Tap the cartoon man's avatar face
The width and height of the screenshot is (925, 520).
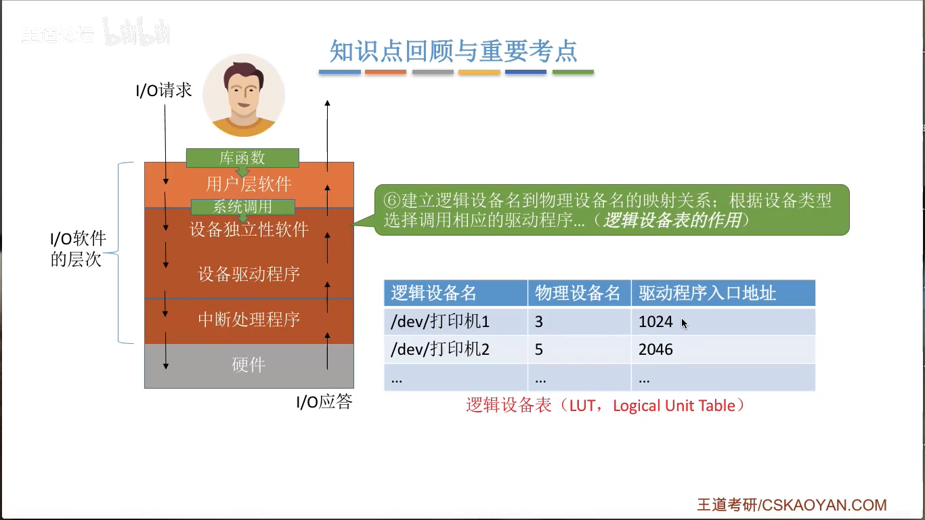point(244,95)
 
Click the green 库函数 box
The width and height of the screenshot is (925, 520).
point(242,158)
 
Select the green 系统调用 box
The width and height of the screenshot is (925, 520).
point(242,207)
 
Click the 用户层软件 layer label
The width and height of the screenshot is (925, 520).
point(249,184)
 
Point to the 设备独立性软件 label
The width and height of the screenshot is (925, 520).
point(249,230)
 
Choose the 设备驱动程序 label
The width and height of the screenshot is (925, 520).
point(249,274)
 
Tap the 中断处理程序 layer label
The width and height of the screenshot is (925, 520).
point(249,320)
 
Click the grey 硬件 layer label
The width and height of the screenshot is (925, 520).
point(249,365)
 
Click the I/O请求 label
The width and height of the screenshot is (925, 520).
point(164,90)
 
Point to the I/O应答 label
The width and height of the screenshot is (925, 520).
point(324,402)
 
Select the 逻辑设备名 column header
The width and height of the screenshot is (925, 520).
point(434,293)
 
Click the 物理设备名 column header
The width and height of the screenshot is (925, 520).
point(578,293)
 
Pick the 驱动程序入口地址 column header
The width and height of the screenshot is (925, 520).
point(707,293)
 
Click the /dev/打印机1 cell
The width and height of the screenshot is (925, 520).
point(440,322)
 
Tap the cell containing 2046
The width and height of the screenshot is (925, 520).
point(655,349)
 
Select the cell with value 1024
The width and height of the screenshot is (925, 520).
point(655,322)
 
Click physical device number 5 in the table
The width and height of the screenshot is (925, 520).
point(539,349)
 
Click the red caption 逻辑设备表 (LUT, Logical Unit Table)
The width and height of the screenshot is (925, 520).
point(605,406)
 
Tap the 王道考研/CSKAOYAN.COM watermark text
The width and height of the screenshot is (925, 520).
point(792,505)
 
